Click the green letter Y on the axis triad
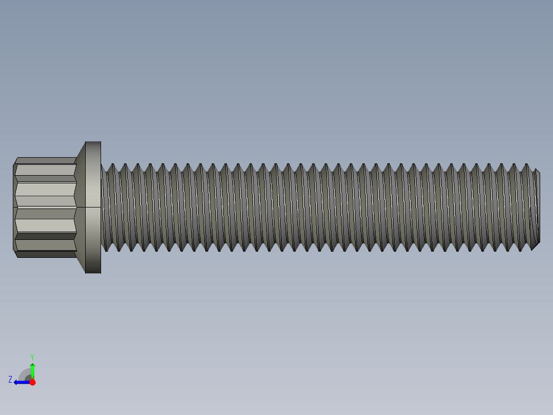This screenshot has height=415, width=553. pyautogui.click(x=32, y=356)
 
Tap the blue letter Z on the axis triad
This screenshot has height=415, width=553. pyautogui.click(x=10, y=380)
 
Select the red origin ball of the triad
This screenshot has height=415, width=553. pyautogui.click(x=32, y=382)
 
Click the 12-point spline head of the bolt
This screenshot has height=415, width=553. pyautogui.click(x=45, y=207)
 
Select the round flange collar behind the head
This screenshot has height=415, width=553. pyautogui.click(x=93, y=207)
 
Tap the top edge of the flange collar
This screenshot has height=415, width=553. pyautogui.click(x=93, y=142)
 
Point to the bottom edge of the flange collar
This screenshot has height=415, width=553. pyautogui.click(x=93, y=272)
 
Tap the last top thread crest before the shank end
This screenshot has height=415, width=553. pyautogui.click(x=526, y=165)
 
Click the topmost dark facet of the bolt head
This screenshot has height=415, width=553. pyautogui.click(x=45, y=160)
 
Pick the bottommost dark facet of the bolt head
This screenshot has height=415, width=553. pyautogui.click(x=45, y=254)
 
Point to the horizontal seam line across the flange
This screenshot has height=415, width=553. pyautogui.click(x=93, y=207)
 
